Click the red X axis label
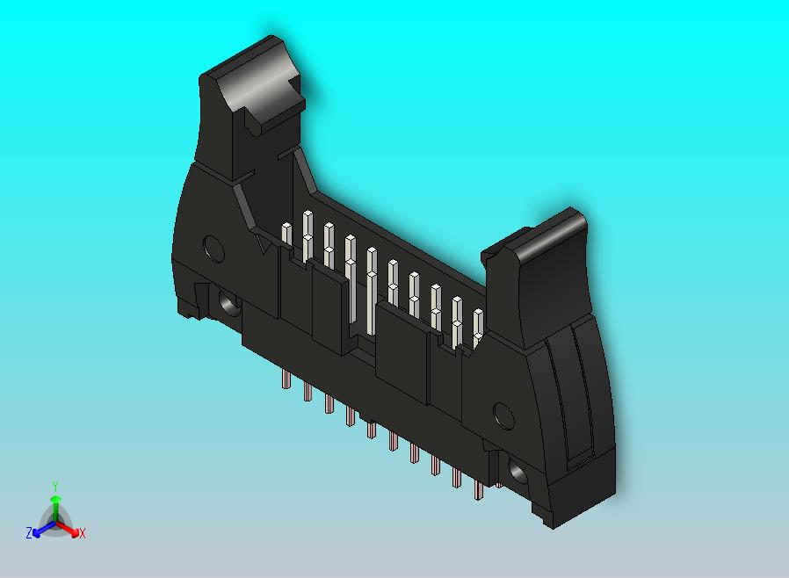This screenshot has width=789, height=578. point(82,533)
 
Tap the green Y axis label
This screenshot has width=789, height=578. point(55,486)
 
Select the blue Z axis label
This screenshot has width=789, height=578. point(29,532)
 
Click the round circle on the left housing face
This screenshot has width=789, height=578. point(213,249)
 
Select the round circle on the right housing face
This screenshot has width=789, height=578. point(503,414)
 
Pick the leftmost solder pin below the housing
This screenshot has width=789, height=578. point(286,379)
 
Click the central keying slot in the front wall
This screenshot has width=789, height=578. point(362,334)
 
